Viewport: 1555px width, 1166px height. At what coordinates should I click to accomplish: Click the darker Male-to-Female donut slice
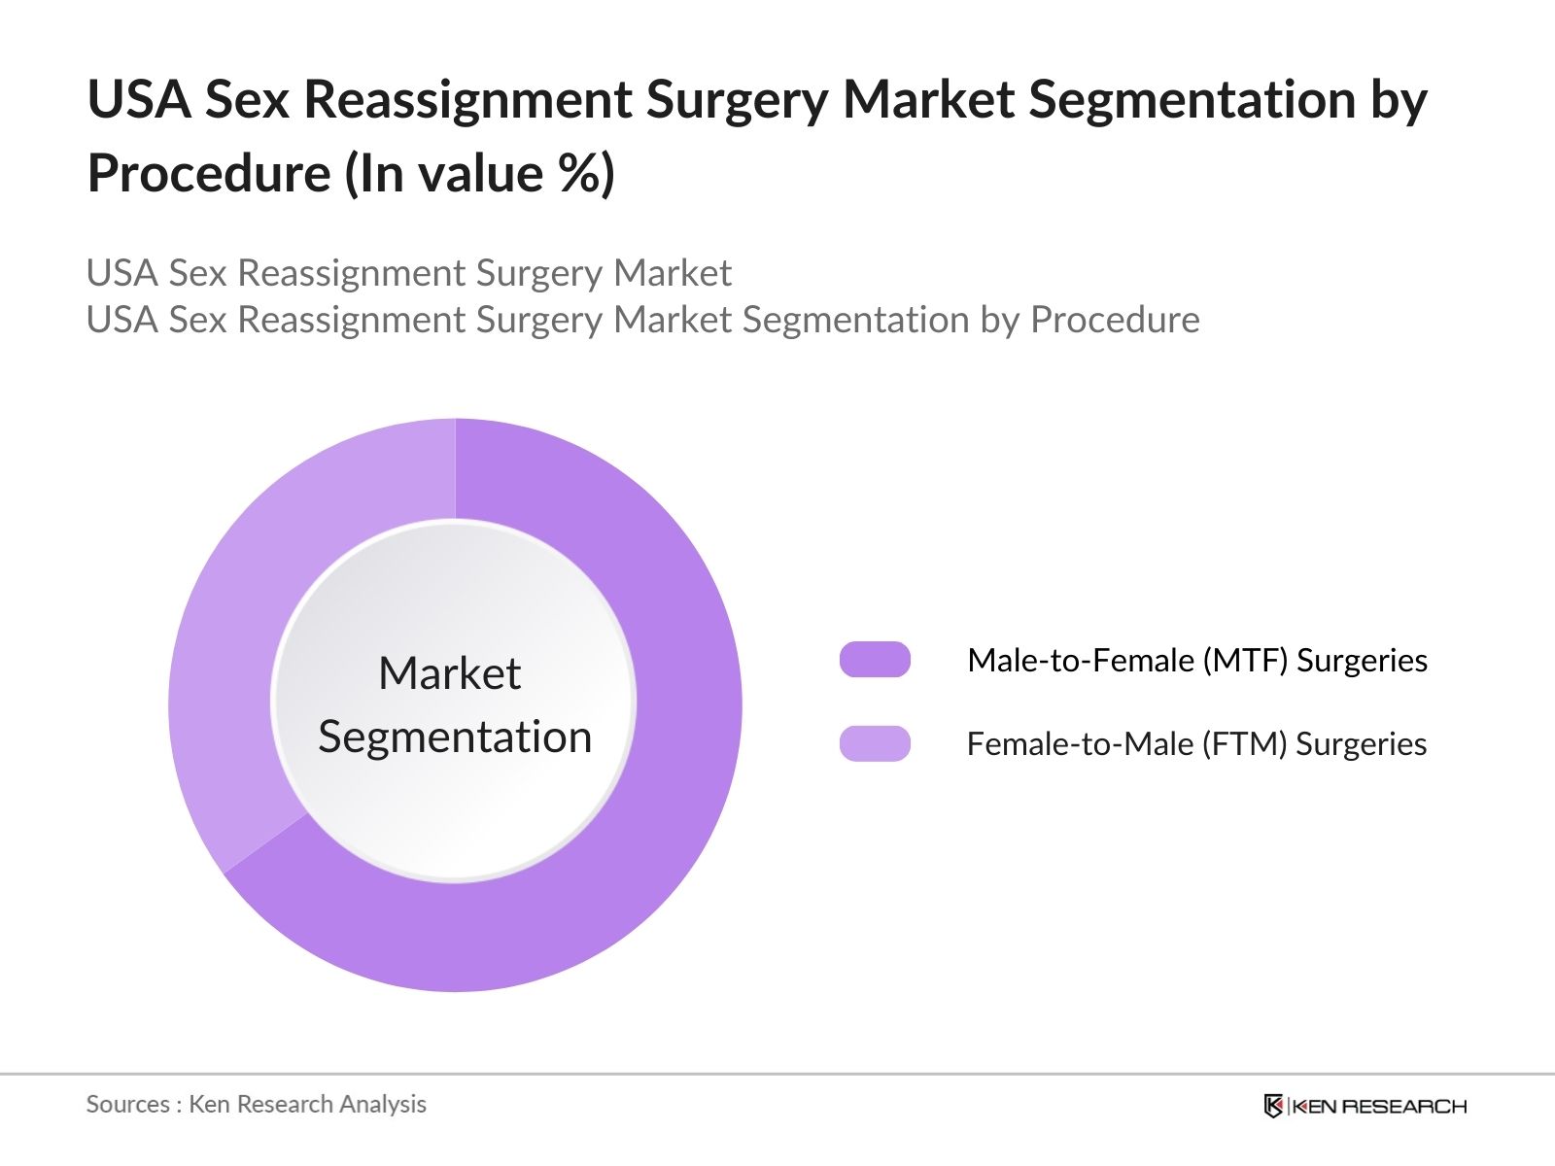click(x=671, y=777)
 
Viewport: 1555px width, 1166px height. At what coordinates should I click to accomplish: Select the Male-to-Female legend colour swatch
click(x=875, y=660)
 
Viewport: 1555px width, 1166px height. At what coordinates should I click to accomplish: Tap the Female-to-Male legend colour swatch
click(x=875, y=743)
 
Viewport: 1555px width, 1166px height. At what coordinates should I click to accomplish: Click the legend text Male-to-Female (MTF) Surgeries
click(x=1196, y=661)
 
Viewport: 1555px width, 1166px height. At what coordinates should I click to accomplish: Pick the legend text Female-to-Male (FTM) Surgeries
click(x=1195, y=744)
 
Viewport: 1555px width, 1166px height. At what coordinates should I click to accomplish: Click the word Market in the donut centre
click(x=449, y=673)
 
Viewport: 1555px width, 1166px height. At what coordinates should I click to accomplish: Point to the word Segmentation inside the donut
click(x=455, y=737)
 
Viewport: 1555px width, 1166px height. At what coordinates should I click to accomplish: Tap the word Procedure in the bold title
click(x=209, y=174)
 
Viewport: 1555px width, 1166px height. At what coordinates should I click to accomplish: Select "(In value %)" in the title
click(x=480, y=174)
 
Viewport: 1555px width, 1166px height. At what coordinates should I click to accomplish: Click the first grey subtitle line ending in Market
click(x=408, y=273)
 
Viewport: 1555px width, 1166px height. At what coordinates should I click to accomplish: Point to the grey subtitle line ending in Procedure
click(x=642, y=320)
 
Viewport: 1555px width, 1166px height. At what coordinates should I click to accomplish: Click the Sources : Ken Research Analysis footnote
click(x=256, y=1104)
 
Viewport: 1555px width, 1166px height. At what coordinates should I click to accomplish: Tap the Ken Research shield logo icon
click(x=1273, y=1106)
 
